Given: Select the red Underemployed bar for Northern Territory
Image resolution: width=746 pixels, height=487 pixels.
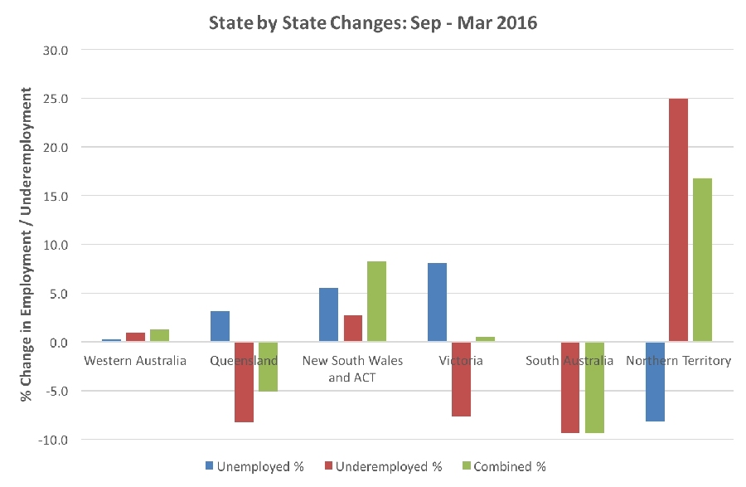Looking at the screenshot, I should click(x=678, y=220).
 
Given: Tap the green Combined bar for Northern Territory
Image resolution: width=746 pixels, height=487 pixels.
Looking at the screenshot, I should click(x=702, y=260).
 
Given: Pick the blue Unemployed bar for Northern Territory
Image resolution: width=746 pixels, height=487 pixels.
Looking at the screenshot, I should click(x=655, y=382).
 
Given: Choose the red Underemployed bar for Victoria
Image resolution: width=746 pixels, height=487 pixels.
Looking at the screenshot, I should click(x=461, y=379).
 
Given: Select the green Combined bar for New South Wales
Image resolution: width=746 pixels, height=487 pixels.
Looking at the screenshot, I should click(x=376, y=301).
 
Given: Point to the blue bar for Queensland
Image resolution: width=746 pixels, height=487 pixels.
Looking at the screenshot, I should click(x=220, y=326).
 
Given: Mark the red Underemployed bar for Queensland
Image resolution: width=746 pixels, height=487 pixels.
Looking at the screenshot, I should click(x=244, y=382).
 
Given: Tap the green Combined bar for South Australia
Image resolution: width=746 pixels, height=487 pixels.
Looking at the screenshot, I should click(x=593, y=387).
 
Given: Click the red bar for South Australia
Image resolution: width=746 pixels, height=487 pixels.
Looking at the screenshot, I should click(x=569, y=387).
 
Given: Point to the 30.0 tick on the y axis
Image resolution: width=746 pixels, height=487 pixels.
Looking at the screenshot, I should click(x=67, y=50).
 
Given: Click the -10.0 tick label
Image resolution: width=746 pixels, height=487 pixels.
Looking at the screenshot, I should click(x=65, y=440).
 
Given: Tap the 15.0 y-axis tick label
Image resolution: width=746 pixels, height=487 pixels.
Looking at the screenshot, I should click(x=67, y=196).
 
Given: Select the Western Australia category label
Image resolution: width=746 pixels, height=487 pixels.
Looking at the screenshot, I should click(x=135, y=361).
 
